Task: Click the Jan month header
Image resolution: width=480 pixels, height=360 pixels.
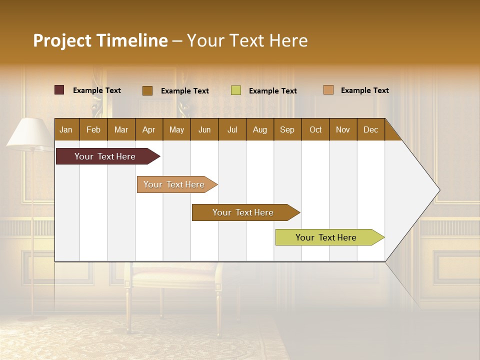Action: [x=66, y=129]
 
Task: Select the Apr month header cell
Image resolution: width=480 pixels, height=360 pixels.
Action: [x=149, y=129]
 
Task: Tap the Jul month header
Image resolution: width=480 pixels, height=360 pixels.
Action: [x=232, y=129]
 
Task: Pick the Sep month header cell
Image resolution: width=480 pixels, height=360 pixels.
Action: [x=287, y=129]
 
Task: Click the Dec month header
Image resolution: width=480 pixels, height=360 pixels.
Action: [x=370, y=129]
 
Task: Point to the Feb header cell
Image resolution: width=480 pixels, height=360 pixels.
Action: [x=93, y=129]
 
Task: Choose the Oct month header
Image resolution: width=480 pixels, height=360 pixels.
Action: [x=315, y=129]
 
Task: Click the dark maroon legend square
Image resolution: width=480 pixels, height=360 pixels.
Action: [x=59, y=90]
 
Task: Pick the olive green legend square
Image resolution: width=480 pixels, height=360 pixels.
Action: [x=236, y=90]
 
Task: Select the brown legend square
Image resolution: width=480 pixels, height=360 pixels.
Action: [x=147, y=90]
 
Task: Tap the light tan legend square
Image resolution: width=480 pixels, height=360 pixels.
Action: [x=328, y=90]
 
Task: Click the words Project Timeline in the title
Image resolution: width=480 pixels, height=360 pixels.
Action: [x=100, y=40]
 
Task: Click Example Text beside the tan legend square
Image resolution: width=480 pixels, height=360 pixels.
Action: [x=364, y=90]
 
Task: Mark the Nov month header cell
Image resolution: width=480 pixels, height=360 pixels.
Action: [x=343, y=129]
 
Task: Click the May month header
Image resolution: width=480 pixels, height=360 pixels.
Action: [x=176, y=129]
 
